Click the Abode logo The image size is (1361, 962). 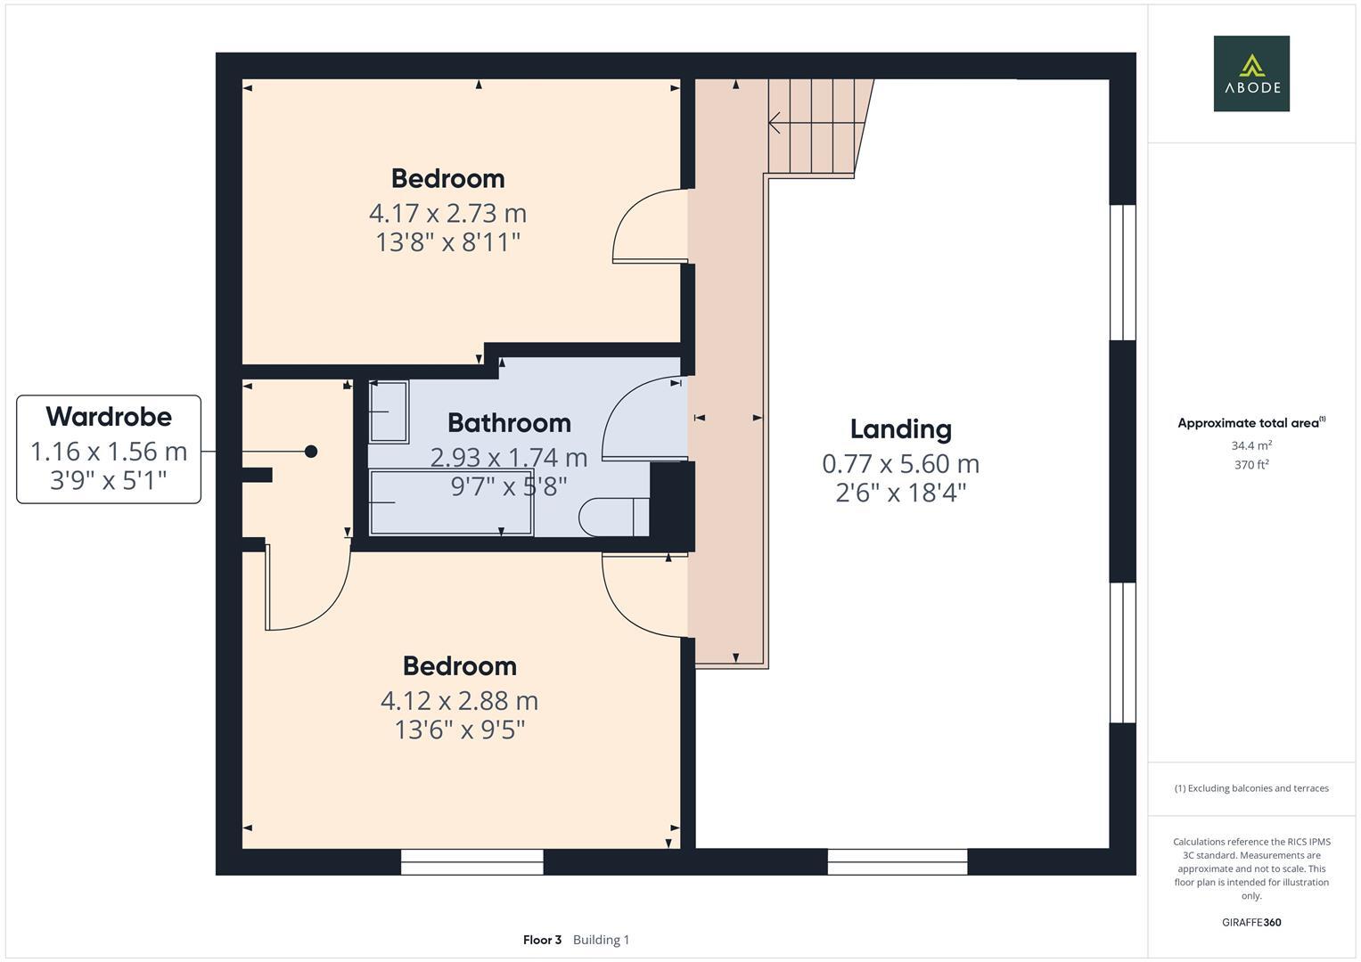click(1250, 73)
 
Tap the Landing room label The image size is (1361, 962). click(900, 429)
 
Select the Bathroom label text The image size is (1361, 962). click(509, 422)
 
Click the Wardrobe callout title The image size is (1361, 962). click(109, 416)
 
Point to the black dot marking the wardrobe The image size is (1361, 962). click(311, 452)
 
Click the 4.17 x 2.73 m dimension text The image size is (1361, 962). click(447, 214)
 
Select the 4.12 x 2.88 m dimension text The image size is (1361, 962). click(459, 701)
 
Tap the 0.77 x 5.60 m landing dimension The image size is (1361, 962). click(900, 464)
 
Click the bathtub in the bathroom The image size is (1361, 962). click(451, 503)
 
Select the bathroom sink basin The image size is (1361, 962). click(389, 412)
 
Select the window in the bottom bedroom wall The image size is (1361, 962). click(471, 861)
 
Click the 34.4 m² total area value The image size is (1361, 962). click(1250, 445)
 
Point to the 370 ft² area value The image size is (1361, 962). click(1250, 465)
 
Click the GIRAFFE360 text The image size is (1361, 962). click(1250, 922)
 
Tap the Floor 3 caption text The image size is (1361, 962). click(542, 940)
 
